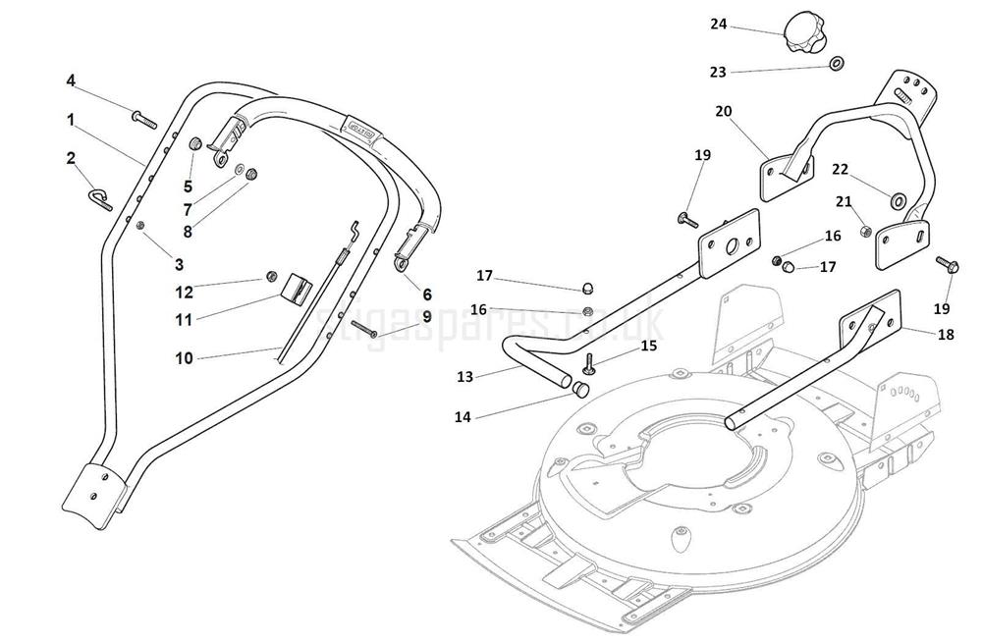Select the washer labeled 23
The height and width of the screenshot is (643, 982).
[x=836, y=65]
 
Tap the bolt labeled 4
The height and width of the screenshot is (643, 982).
[x=143, y=121]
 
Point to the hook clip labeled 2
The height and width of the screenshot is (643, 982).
[x=100, y=199]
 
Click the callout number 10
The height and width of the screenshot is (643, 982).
[x=184, y=358]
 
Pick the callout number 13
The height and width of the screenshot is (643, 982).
[x=465, y=376]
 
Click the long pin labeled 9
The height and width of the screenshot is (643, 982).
[x=364, y=332]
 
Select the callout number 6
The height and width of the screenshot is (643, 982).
[x=427, y=294]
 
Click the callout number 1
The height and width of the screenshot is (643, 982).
[x=71, y=119]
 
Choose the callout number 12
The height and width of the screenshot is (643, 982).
[x=185, y=292]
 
